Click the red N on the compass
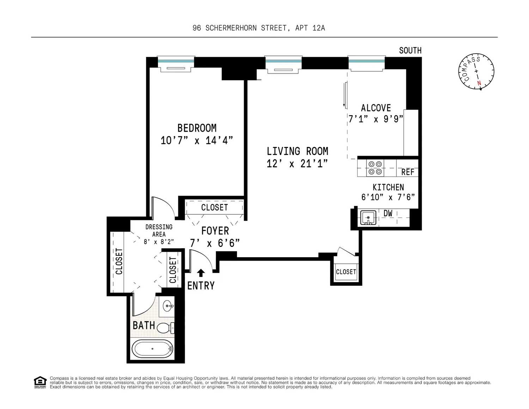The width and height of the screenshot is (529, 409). tap(479, 83)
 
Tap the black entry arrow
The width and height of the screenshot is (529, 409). tap(201, 273)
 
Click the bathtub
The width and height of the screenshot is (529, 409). tap(152, 349)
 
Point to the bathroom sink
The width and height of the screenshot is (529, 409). tap(168, 306)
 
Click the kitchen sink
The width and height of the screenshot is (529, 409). tap(368, 218)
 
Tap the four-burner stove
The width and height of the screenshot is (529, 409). tap(375, 168)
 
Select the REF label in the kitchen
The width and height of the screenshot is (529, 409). tap(408, 172)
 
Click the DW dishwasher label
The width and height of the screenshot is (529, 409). tap(388, 213)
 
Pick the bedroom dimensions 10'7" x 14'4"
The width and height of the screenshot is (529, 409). tap(197, 141)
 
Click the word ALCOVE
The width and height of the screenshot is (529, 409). tap(376, 108)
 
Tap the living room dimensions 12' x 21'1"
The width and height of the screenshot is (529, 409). tap(297, 164)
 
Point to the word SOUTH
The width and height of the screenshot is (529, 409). tap(410, 51)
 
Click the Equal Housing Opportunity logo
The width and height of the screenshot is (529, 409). tap(40, 383)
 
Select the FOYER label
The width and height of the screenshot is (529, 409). tap(215, 231)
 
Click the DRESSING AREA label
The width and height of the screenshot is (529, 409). tap(159, 231)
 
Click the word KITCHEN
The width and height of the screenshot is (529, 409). tap(388, 187)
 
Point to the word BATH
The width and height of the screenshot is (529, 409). tap(144, 325)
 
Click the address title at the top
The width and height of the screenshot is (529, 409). tap(259, 28)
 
